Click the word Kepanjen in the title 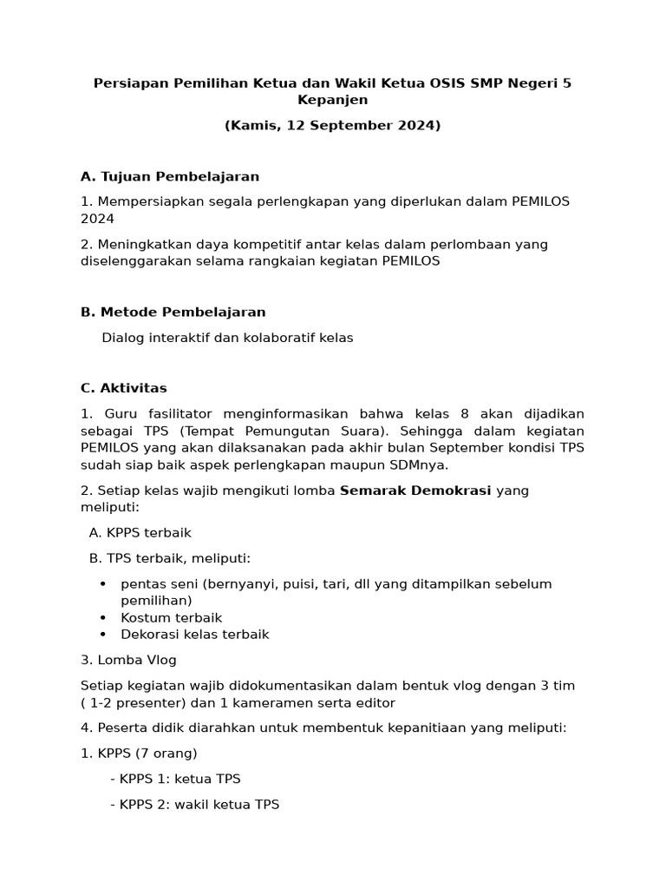pos(333,100)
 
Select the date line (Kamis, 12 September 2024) pos(333,125)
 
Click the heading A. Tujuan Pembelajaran pos(170,176)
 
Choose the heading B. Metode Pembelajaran pos(173,312)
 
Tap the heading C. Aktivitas pos(124,388)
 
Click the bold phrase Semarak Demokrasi pos(415,491)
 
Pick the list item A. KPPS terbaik pos(140,532)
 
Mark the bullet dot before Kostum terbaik pos(103,617)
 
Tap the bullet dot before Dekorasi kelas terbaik pos(103,634)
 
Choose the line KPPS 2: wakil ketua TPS pos(194,804)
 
